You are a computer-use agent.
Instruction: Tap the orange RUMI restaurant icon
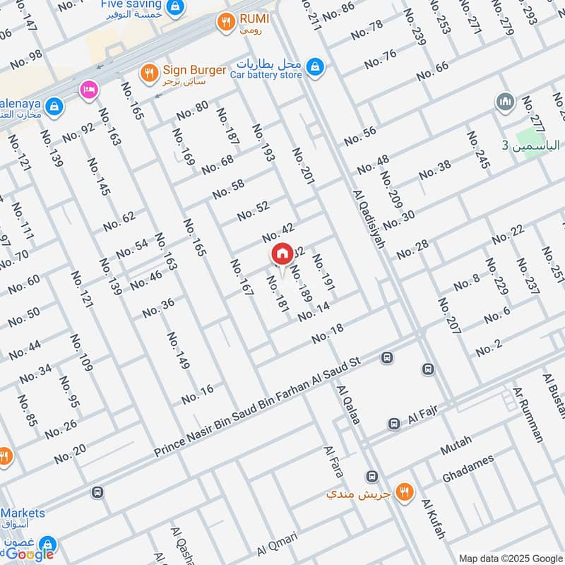(226, 22)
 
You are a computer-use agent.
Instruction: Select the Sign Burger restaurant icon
(148, 71)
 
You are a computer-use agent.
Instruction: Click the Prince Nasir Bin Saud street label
(258, 407)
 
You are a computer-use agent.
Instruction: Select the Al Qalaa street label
(349, 405)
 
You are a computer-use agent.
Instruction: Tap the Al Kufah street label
(433, 520)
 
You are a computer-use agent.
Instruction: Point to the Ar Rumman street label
(528, 415)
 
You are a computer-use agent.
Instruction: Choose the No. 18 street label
(327, 333)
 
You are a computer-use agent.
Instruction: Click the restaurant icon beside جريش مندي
(405, 492)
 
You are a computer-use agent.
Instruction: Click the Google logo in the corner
(30, 554)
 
